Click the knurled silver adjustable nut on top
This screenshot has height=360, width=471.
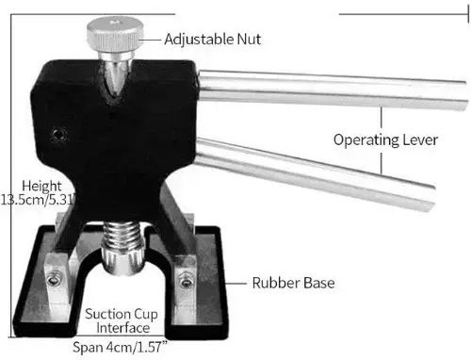(115, 34)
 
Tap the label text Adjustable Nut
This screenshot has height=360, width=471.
(213, 40)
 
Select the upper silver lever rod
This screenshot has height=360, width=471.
(333, 90)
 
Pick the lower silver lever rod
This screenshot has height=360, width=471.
(314, 173)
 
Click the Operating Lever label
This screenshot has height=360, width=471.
(385, 139)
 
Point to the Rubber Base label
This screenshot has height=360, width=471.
(293, 283)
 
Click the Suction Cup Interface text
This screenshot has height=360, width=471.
(122, 320)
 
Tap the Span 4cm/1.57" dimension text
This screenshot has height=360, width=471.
(120, 347)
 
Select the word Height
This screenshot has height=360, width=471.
(41, 186)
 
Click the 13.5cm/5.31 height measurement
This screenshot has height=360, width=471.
(39, 200)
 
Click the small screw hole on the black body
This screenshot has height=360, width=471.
(58, 136)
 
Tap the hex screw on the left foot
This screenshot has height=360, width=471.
(54, 279)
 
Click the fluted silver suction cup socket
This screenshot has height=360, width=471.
(122, 260)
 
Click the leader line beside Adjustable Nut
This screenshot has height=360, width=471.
(150, 40)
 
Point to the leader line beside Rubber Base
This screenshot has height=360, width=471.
(235, 283)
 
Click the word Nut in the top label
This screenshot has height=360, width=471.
(249, 40)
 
